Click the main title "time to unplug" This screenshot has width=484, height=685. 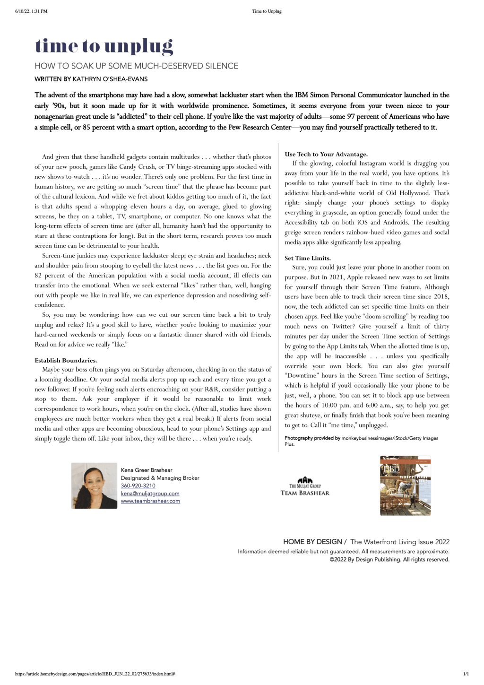click(104, 46)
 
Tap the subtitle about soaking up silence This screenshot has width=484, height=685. click(136, 66)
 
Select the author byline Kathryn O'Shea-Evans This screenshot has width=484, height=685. click(91, 79)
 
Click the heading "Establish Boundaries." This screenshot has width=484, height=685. click(66, 360)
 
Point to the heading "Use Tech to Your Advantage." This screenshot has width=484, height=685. click(326, 154)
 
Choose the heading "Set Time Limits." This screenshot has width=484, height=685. click(308, 258)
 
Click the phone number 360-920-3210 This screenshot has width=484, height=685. click(138, 486)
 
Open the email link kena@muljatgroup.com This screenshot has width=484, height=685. click(150, 494)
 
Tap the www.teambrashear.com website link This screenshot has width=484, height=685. click(150, 501)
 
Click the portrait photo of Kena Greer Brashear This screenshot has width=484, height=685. click(94, 486)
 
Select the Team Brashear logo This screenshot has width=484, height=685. click(305, 486)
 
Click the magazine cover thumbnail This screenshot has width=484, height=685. click(405, 486)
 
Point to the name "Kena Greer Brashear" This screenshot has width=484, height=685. click(147, 470)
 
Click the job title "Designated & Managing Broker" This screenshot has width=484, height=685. click(160, 478)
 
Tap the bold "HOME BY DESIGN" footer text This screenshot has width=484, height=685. click(312, 542)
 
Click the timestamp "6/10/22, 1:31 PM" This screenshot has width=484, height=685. click(31, 11)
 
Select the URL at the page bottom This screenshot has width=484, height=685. click(95, 674)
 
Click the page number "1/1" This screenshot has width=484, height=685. click(466, 674)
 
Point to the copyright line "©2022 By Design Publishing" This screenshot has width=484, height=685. click(389, 560)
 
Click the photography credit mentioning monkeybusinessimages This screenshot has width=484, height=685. click(361, 439)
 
